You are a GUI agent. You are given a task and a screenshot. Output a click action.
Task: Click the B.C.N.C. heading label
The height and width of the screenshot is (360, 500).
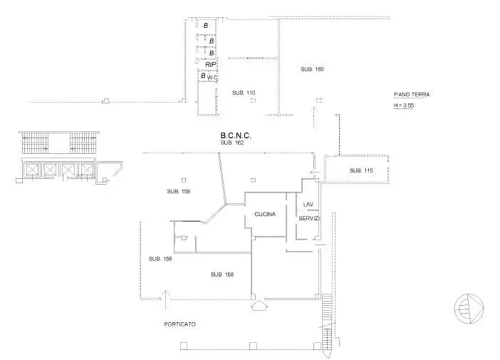236,135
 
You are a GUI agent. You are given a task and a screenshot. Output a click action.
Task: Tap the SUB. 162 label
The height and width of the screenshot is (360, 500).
232,143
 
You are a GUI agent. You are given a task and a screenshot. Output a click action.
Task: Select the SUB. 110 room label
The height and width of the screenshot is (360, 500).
244,93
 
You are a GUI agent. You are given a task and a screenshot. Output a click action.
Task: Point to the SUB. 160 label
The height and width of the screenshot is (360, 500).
312,69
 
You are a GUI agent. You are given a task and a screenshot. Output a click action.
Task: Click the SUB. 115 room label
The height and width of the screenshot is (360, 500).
361,171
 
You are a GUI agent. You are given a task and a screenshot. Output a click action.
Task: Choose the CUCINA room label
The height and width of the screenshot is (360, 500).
265,215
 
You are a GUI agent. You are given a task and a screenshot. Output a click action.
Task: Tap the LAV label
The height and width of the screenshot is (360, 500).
308,205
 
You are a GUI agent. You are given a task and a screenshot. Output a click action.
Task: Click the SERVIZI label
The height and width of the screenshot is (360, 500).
309,219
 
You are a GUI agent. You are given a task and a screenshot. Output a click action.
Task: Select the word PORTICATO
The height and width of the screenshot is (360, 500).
180,324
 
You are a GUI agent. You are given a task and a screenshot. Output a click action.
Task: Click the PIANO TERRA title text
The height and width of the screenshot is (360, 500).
412,95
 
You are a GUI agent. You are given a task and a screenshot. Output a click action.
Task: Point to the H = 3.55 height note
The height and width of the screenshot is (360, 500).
404,106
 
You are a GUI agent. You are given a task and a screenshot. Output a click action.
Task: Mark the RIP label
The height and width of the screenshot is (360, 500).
210,64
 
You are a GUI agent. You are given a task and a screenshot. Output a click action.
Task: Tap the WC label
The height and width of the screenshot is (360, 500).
212,78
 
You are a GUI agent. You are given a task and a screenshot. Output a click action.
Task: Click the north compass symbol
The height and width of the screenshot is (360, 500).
469,308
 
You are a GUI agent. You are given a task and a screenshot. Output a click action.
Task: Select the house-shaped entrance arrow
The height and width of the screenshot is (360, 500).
259,305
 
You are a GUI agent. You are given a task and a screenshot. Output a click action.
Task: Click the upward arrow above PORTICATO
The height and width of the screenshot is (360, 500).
165,299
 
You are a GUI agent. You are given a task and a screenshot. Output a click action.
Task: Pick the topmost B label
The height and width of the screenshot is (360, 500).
206,26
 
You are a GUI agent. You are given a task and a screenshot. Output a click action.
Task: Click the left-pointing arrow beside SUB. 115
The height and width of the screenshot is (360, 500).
315,173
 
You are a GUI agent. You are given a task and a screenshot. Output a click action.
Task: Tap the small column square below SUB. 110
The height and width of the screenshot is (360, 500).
253,101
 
